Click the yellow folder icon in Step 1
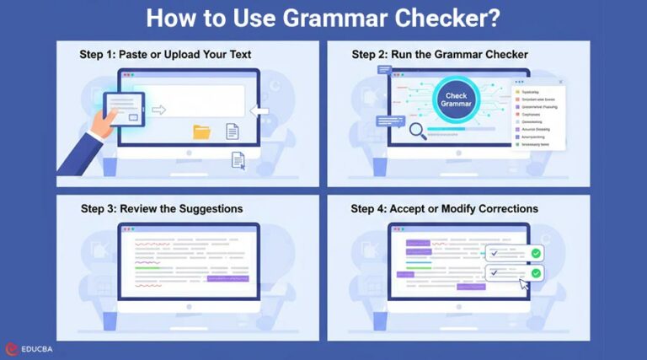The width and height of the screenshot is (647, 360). [202, 132]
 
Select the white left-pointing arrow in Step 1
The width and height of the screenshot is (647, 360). [259, 111]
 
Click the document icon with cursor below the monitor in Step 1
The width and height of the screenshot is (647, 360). [238, 159]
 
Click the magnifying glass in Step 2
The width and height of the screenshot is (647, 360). [417, 132]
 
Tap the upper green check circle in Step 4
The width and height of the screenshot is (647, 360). [535, 253]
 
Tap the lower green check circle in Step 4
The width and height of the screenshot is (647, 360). [536, 272]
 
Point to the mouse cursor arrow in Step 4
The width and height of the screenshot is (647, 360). [525, 286]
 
